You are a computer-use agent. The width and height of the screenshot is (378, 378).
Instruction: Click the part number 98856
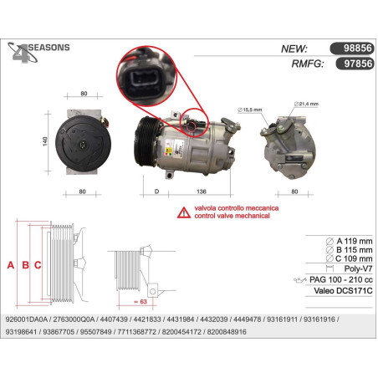358,49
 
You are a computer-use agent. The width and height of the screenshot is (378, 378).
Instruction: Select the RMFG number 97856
358,64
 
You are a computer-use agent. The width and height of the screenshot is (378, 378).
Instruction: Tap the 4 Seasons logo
38,52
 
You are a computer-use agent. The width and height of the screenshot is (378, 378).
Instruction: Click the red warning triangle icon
184,212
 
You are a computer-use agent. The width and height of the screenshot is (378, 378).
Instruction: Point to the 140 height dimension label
45,141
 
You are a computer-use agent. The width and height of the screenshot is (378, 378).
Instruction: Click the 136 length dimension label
202,192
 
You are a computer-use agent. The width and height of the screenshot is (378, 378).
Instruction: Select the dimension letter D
156,192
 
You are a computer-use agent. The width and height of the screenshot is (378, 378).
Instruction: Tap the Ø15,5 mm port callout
250,110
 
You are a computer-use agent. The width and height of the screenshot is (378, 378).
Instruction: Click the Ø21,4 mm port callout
306,104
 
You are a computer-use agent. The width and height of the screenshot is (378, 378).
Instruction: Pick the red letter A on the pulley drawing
11,265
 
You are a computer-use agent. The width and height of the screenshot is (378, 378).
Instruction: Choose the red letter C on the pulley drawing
38,265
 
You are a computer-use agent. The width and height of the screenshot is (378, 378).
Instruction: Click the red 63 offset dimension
140,302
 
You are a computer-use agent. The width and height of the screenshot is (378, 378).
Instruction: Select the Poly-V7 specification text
358,268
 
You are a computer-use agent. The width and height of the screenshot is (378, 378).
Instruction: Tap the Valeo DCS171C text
343,291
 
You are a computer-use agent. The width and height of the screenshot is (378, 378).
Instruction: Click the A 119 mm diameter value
355,241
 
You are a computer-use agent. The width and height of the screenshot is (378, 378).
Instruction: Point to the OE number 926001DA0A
27,319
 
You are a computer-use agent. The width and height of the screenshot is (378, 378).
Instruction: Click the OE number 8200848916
227,332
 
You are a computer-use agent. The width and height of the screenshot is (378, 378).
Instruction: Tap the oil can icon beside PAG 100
300,280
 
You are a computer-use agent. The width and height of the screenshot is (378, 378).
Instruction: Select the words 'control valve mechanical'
232,216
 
